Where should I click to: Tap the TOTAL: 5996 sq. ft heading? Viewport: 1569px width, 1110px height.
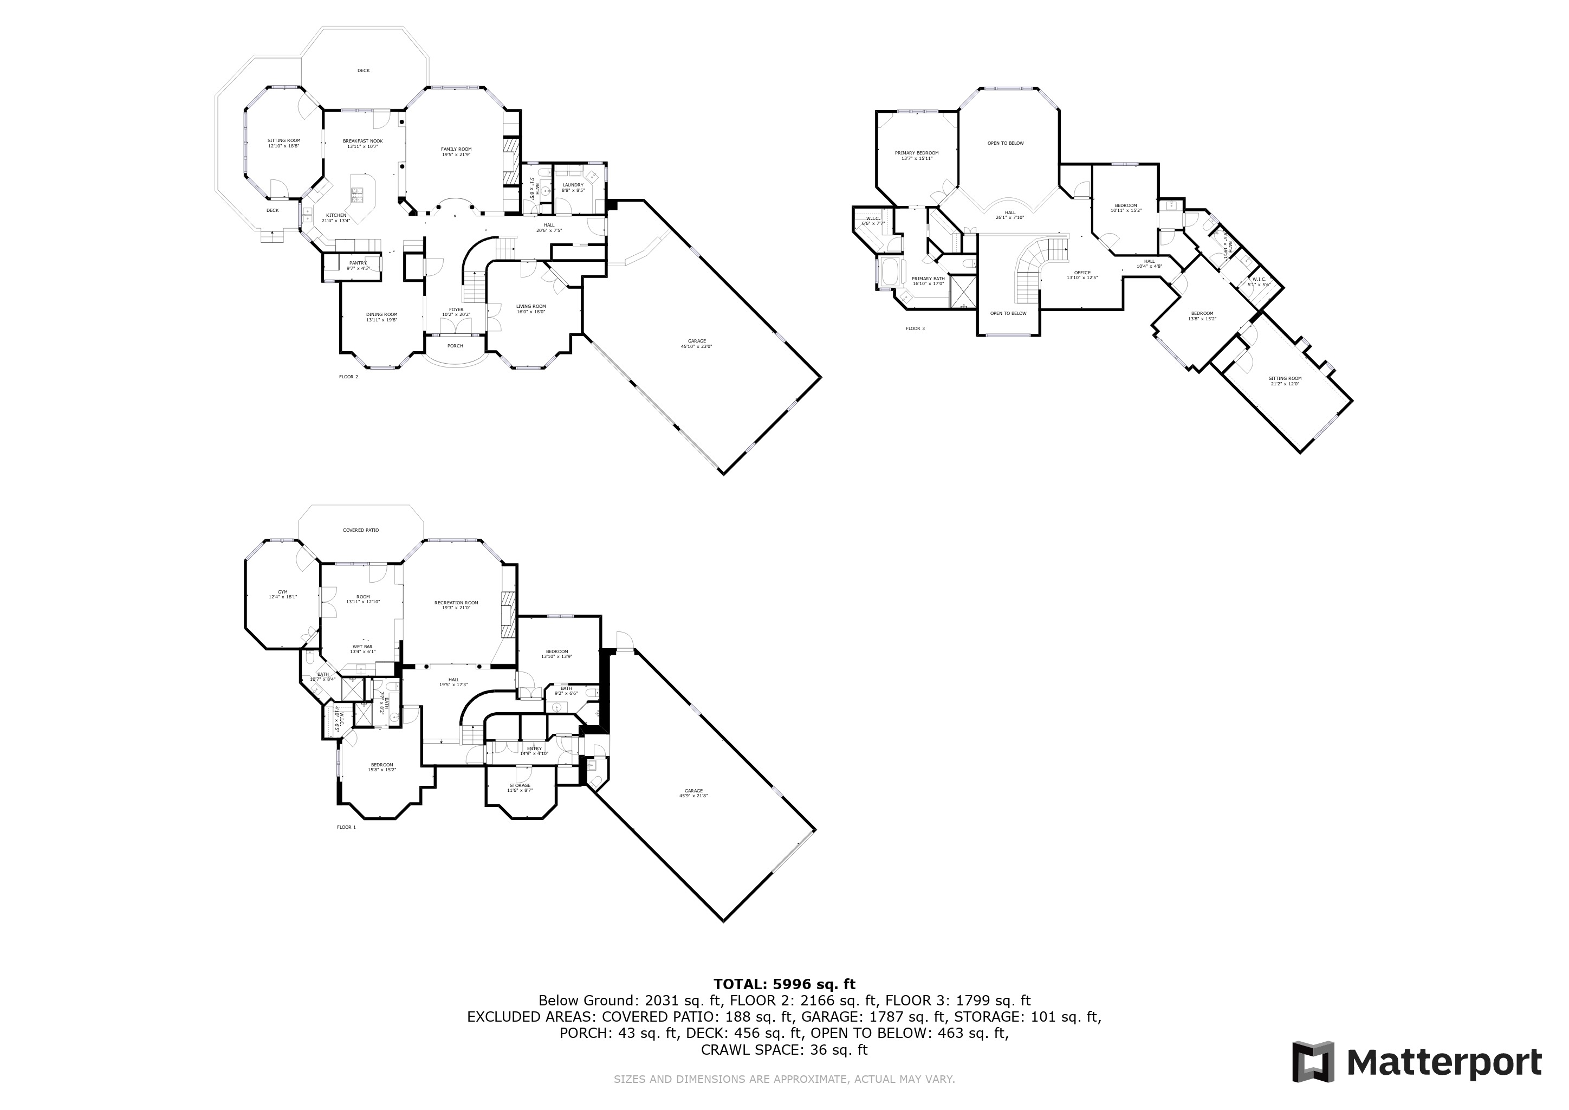(784, 984)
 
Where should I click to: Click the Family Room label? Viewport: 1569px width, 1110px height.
(456, 149)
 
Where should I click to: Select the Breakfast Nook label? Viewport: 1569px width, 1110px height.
(362, 141)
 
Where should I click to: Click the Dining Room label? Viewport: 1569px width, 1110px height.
(381, 314)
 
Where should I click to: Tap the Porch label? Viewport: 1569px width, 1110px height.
(455, 346)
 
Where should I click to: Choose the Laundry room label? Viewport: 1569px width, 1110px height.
(573, 184)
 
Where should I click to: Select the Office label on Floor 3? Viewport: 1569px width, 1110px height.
(1082, 273)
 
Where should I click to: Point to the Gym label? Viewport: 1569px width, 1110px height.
(282, 592)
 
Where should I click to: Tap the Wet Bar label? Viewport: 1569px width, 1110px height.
(362, 647)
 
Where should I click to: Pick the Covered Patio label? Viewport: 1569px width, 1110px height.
(360, 531)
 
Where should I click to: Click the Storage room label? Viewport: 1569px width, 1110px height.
(520, 785)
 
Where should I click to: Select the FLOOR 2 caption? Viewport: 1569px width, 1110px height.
(348, 377)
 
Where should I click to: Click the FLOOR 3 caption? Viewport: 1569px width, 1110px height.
(915, 329)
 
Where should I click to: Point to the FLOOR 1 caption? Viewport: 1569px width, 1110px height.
(346, 827)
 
